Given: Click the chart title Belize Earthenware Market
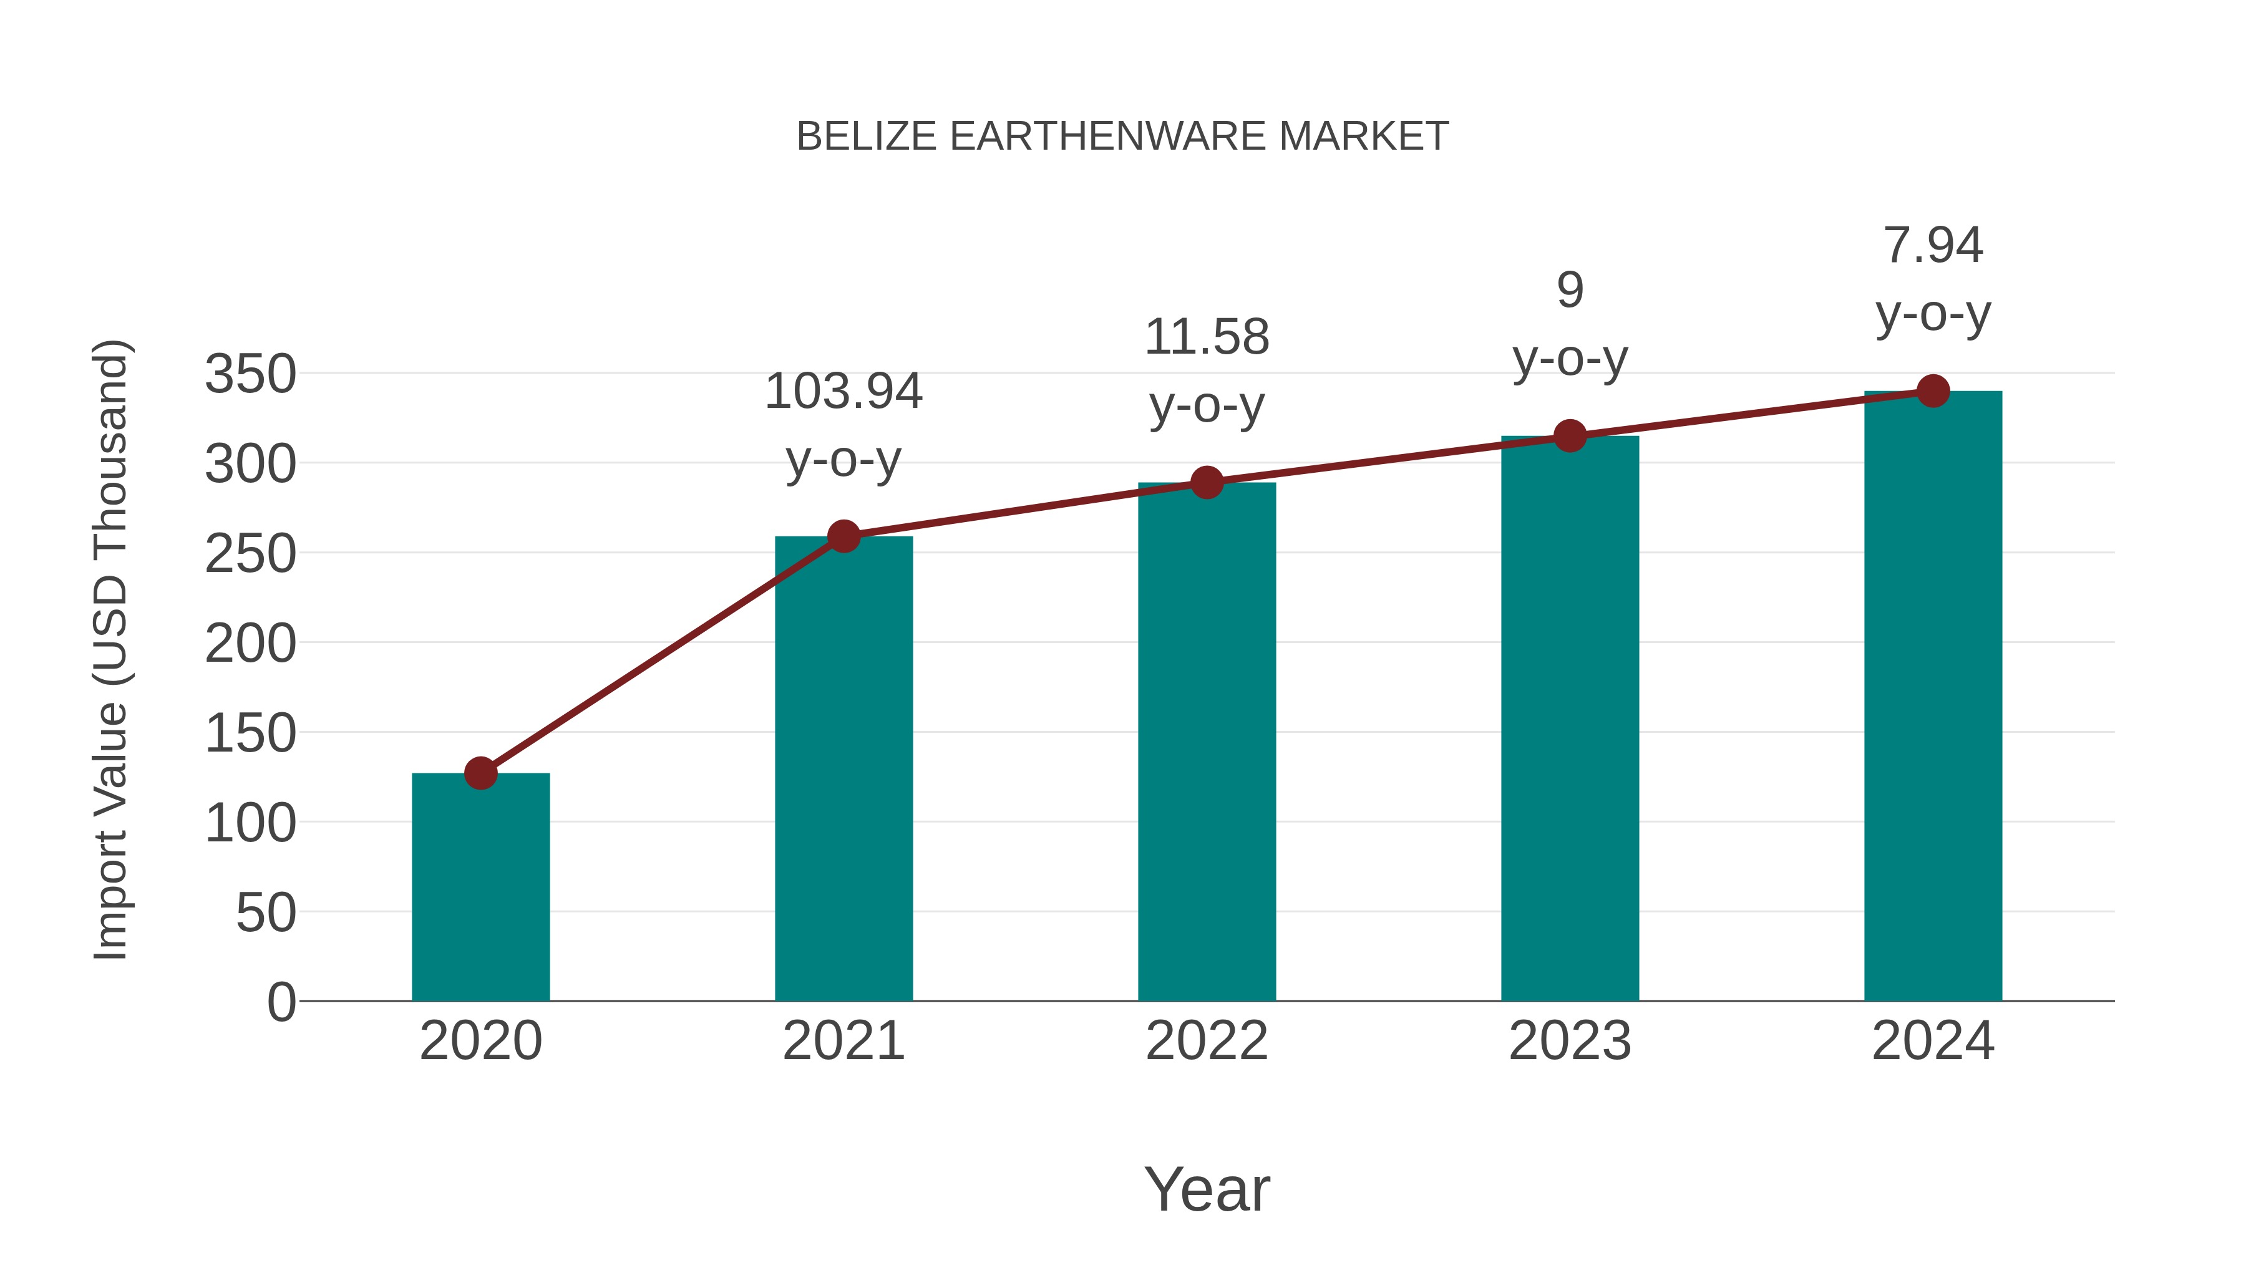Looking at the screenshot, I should (1122, 137).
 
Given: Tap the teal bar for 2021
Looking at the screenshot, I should (843, 768).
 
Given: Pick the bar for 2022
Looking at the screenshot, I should (1207, 741).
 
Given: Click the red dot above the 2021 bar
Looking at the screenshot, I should (843, 536).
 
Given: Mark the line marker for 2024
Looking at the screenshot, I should (1933, 391).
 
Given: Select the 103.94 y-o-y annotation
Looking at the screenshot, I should (843, 425).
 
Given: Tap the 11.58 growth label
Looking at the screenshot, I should (1207, 370).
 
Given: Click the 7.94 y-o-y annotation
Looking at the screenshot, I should (1933, 278).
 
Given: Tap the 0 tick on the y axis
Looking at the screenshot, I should (281, 1002).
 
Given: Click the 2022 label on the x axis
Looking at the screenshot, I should (1207, 1041).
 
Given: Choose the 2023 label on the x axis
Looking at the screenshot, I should (1570, 1041).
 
